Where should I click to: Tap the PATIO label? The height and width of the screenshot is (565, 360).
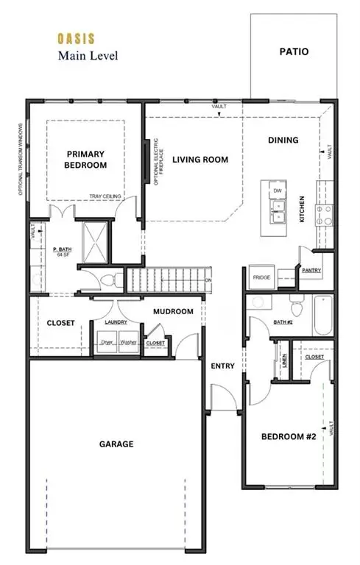pos(294,52)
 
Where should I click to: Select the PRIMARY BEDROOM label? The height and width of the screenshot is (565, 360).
pos(85,160)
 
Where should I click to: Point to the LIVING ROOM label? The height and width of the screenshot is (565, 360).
pos(200,160)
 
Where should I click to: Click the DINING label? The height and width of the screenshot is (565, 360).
pos(283,140)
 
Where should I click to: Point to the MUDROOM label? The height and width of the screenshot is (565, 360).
pos(174,311)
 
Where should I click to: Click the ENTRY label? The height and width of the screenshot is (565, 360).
pos(222,366)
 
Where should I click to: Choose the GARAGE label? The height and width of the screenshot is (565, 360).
pos(116,444)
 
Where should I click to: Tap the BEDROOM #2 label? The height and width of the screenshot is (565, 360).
pos(289,436)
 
